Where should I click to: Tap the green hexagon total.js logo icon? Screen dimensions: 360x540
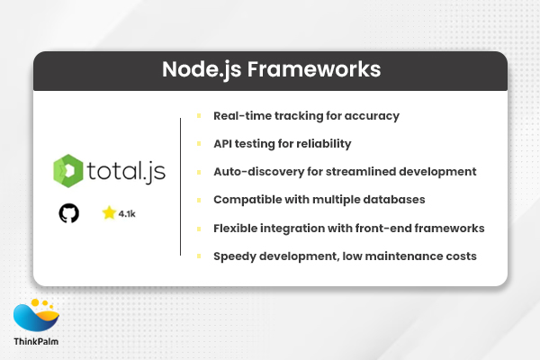click(x=69, y=171)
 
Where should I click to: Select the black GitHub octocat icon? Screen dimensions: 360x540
click(x=69, y=213)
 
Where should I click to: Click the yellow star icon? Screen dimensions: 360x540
click(x=109, y=213)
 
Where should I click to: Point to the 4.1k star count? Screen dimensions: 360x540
click(x=129, y=214)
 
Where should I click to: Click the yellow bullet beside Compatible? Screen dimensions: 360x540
click(x=197, y=200)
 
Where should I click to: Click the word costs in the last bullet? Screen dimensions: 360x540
click(x=460, y=256)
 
